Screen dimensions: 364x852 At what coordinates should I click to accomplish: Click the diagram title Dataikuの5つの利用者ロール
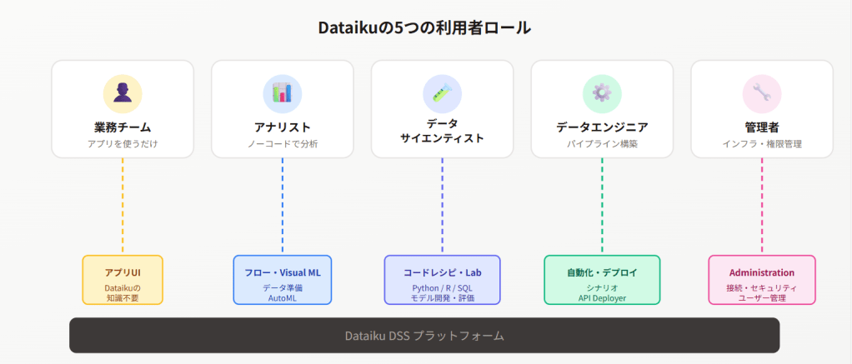[424, 27]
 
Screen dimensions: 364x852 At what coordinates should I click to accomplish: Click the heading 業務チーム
[123, 127]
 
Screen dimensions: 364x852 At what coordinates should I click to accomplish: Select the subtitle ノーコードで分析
[282, 144]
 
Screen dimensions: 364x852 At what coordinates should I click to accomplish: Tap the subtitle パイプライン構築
[602, 144]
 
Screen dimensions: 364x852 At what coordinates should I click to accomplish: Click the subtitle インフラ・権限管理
[761, 144]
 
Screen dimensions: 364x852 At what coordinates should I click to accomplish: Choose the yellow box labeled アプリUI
[123, 280]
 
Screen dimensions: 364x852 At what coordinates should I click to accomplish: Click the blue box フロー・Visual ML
[282, 280]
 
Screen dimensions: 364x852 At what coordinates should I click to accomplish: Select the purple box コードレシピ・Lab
[442, 280]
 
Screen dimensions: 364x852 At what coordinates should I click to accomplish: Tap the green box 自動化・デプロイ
[602, 280]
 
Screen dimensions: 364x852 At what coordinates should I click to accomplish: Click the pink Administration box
[761, 280]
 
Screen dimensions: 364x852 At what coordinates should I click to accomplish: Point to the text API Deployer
[602, 297]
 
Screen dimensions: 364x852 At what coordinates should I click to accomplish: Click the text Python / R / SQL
[442, 287]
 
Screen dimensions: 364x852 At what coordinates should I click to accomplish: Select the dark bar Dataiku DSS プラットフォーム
[424, 336]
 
